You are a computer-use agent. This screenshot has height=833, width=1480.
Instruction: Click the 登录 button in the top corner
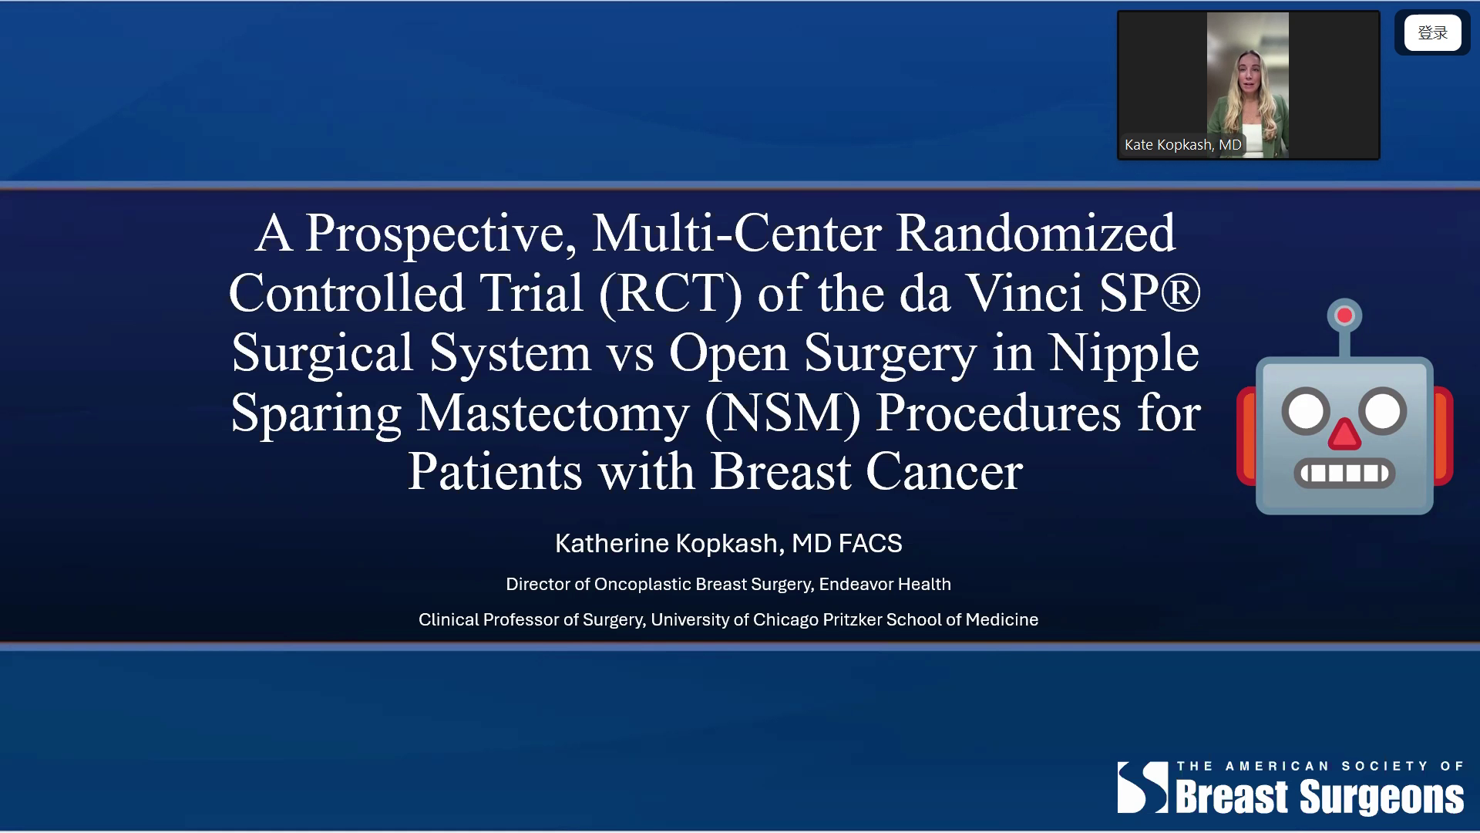(1432, 33)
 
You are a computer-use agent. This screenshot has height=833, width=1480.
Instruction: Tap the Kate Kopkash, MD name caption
(1182, 145)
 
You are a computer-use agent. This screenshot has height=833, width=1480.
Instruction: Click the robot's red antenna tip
(1344, 315)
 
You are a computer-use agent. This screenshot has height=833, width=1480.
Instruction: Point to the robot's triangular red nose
(1344, 434)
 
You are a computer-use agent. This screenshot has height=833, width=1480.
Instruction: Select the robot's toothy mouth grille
(1344, 473)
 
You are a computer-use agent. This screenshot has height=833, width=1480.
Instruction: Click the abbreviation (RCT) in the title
(671, 294)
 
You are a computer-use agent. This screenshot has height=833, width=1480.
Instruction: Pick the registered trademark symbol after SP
(1180, 293)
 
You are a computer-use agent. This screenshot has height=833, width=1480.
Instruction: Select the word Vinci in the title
(1024, 293)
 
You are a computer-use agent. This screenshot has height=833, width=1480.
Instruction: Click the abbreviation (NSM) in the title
(782, 413)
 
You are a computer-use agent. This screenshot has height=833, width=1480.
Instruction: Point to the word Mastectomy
(553, 413)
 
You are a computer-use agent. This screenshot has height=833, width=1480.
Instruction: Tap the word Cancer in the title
(944, 472)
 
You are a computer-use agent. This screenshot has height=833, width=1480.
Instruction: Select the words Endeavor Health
(885, 585)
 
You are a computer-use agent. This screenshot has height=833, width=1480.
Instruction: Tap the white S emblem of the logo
(1143, 787)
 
